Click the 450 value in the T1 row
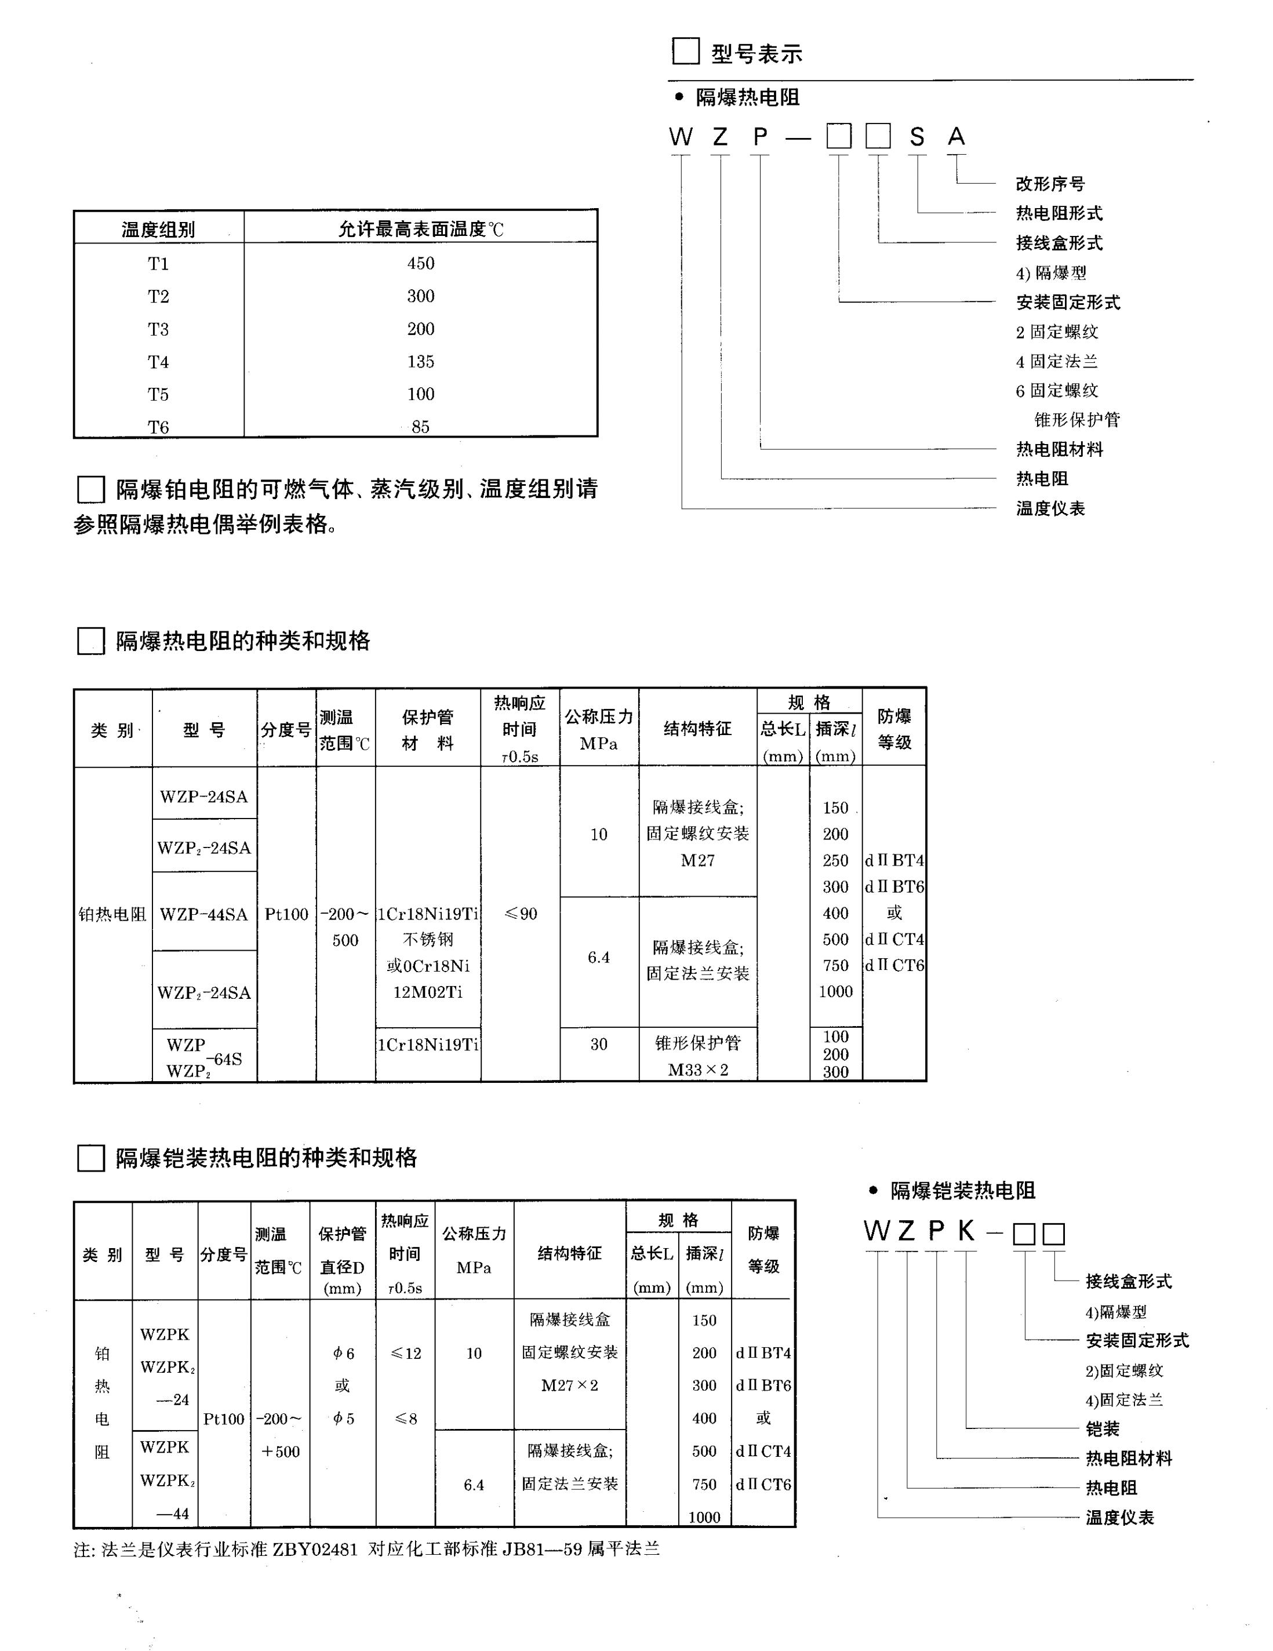coord(420,263)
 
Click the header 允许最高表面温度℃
coord(420,229)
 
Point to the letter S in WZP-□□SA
coord(916,137)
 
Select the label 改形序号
coord(1050,184)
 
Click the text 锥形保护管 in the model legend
coord(1076,420)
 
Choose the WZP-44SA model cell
coord(203,915)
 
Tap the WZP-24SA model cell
coord(203,797)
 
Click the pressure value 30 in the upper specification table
coord(599,1044)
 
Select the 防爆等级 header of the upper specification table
coord(894,729)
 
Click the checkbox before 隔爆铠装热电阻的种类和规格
coord(90,1158)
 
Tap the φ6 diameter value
coord(343,1353)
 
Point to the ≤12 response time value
coord(406,1353)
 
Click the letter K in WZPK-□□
coord(965,1231)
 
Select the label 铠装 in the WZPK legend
coord(1102,1429)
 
